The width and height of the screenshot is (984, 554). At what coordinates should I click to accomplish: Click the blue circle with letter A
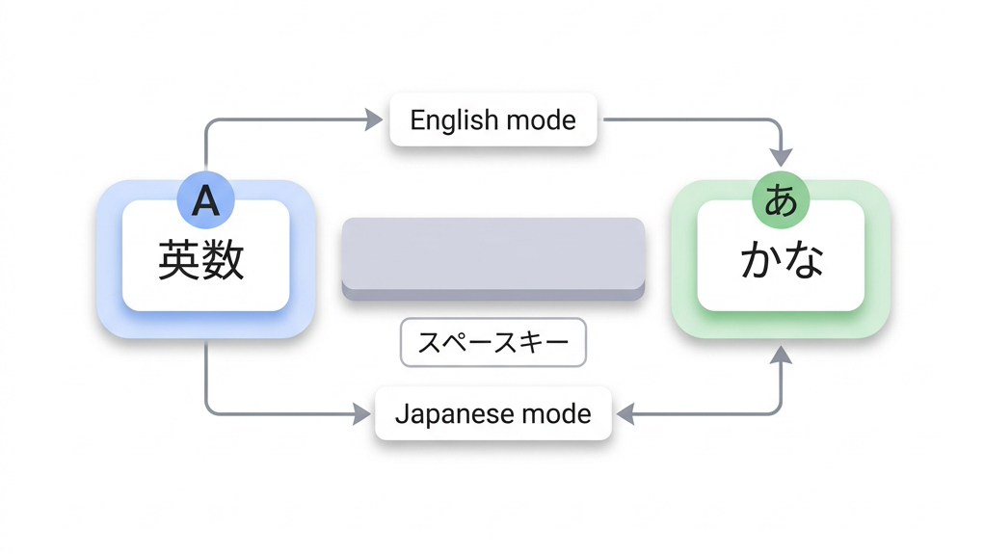pyautogui.click(x=205, y=200)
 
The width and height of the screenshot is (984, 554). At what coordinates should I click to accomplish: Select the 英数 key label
pyautogui.click(x=201, y=260)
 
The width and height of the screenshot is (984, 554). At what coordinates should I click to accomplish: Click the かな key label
pyautogui.click(x=782, y=260)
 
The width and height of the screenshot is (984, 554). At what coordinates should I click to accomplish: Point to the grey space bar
pyautogui.click(x=492, y=256)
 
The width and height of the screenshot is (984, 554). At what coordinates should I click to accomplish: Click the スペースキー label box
pyautogui.click(x=492, y=342)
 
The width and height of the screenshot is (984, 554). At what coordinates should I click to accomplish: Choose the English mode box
pyautogui.click(x=492, y=120)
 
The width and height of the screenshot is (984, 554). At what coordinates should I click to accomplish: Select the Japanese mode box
pyautogui.click(x=492, y=414)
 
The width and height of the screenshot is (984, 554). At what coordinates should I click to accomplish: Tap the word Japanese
pyautogui.click(x=455, y=415)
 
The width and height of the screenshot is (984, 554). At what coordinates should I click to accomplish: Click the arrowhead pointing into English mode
pyautogui.click(x=373, y=119)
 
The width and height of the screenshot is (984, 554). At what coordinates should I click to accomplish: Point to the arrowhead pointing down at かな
pyautogui.click(x=782, y=156)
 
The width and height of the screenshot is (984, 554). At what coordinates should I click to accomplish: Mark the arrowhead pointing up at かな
pyautogui.click(x=782, y=355)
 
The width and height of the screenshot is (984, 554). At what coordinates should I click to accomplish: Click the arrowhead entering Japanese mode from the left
pyautogui.click(x=361, y=414)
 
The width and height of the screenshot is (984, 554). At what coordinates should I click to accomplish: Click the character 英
pyautogui.click(x=179, y=260)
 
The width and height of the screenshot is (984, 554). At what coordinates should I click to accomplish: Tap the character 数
pyautogui.click(x=224, y=260)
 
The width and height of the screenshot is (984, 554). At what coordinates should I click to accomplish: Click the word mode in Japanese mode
pyautogui.click(x=556, y=415)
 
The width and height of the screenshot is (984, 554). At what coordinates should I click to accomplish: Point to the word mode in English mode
pyautogui.click(x=542, y=121)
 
